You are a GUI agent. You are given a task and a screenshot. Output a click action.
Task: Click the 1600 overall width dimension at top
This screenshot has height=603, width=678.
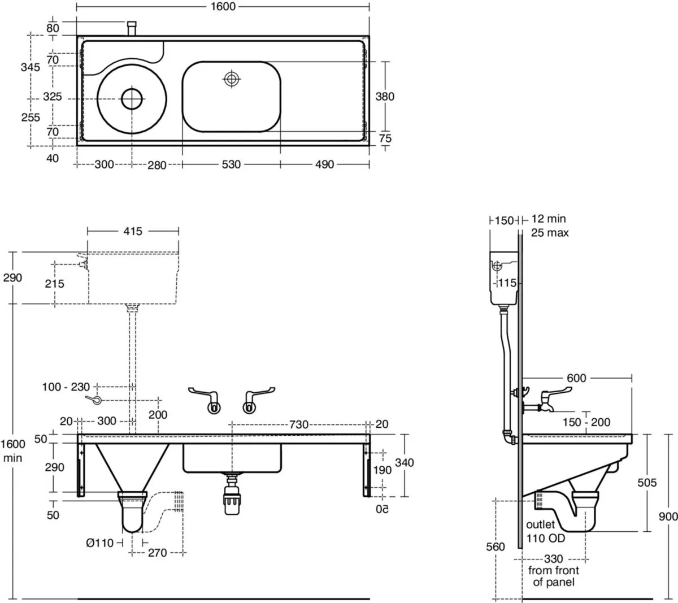[223, 6]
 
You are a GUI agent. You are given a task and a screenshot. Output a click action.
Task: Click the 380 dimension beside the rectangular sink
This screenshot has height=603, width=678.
[385, 97]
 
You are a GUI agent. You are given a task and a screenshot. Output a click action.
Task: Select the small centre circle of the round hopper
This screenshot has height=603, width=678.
[132, 99]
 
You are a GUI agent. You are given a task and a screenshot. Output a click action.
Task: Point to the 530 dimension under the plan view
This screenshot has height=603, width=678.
[231, 164]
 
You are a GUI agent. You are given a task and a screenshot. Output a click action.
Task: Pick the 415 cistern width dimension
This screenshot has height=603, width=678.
[133, 231]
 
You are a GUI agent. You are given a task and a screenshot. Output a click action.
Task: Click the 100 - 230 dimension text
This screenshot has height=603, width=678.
[66, 387]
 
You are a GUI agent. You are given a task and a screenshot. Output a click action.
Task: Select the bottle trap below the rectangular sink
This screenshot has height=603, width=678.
[232, 495]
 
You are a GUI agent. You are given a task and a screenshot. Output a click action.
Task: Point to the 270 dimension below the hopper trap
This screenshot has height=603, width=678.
[157, 553]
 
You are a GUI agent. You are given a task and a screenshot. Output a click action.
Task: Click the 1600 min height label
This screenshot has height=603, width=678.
[12, 450]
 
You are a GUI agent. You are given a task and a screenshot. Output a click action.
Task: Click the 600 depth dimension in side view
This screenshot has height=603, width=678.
[576, 378]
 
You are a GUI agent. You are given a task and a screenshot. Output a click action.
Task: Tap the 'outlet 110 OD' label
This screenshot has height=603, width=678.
[545, 531]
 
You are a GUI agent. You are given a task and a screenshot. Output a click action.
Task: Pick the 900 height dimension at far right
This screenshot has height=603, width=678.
[668, 516]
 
